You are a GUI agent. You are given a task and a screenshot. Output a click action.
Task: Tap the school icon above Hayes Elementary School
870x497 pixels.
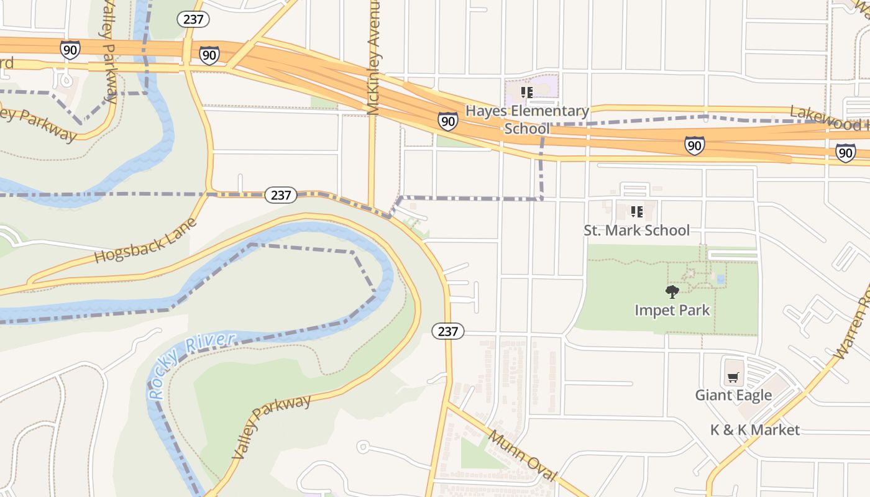527,93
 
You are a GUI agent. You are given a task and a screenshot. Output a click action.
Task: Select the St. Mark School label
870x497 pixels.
636,230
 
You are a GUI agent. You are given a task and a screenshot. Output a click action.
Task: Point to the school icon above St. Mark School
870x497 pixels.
636,212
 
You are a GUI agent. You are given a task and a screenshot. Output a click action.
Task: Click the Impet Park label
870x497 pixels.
672,310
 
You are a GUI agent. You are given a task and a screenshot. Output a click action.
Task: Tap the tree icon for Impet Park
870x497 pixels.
672,291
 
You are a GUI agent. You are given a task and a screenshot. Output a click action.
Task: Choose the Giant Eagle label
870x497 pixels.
733,395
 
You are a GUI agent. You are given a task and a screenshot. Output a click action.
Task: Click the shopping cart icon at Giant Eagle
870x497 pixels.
733,377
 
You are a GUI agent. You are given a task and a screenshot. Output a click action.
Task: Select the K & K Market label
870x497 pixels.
754,430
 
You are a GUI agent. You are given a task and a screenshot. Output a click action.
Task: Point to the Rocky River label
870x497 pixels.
192,366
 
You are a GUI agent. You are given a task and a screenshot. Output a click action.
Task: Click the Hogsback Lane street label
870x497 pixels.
145,240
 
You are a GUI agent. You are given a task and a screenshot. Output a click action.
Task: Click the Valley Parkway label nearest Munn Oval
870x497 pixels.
272,426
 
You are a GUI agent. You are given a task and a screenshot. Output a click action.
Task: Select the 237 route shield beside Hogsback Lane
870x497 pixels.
281,195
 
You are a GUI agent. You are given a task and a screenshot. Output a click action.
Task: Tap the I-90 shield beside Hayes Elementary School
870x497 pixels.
447,121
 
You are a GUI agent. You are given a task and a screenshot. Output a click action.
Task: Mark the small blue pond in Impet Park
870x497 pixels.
720,280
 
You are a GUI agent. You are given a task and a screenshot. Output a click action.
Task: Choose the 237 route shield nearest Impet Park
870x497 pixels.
447,331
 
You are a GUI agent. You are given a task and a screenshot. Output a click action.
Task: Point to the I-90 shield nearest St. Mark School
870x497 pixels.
694,146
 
